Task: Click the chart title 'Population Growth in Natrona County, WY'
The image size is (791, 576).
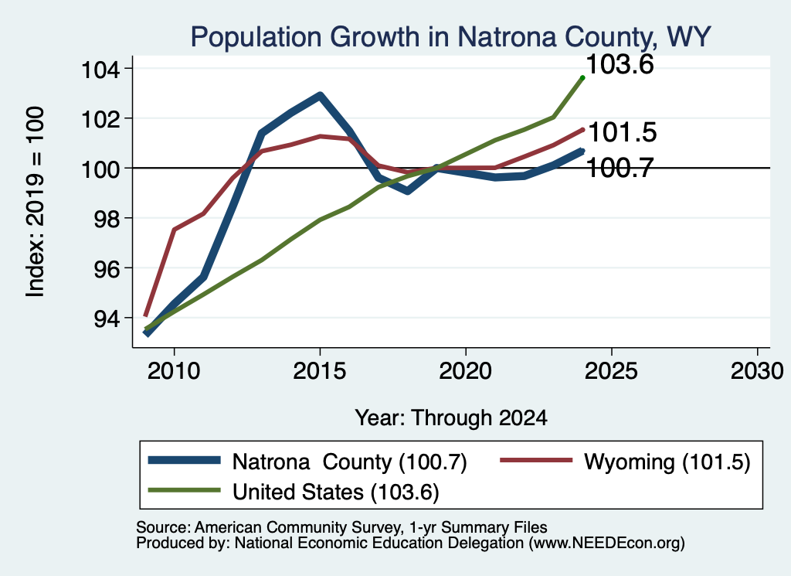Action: [450, 37]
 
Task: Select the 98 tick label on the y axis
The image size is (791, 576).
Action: [107, 218]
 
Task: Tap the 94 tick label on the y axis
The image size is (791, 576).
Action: [107, 318]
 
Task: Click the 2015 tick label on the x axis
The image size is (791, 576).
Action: [319, 371]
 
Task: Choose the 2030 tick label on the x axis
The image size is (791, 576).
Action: [757, 371]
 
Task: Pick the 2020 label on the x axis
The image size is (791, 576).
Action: [465, 371]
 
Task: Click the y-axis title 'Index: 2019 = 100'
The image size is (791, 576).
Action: [36, 202]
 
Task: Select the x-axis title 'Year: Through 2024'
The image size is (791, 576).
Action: [451, 418]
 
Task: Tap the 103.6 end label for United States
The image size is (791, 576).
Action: [620, 65]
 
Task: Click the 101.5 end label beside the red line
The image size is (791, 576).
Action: [623, 132]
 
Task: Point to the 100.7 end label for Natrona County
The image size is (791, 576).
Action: [620, 168]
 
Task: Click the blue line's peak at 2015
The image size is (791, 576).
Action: [320, 95]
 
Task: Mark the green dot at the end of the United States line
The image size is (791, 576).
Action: [582, 78]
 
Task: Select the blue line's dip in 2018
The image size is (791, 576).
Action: [407, 191]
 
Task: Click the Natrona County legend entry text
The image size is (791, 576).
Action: [350, 462]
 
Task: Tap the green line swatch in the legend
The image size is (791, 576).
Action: [184, 490]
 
